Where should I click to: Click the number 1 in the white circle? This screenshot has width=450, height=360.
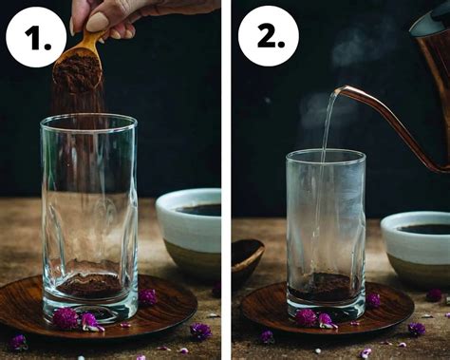click(x=36, y=38)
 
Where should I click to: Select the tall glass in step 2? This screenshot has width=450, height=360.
click(x=326, y=228)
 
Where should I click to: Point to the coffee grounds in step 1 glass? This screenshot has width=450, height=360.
click(x=89, y=284)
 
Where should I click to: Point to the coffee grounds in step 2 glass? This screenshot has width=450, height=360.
click(x=326, y=287)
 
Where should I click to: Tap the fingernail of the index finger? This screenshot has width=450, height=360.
click(x=97, y=21)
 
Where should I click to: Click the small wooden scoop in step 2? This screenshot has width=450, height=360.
click(x=246, y=257)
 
